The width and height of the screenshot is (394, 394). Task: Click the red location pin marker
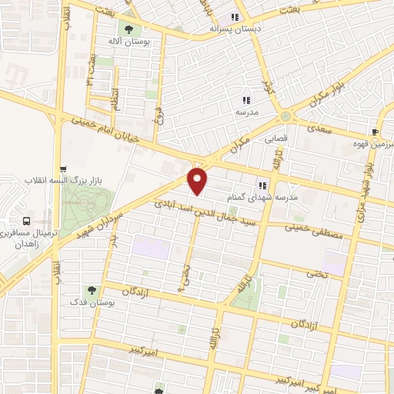pos(199,181)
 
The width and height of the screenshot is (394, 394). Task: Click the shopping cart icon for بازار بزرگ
pos(64,170)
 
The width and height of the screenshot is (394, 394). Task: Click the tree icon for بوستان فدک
pos(92,290)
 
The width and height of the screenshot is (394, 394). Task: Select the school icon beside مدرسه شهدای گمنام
pos(262,185)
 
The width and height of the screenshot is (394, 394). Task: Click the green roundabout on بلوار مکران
pos(285,116)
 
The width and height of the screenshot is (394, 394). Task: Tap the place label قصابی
pos(276,140)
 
